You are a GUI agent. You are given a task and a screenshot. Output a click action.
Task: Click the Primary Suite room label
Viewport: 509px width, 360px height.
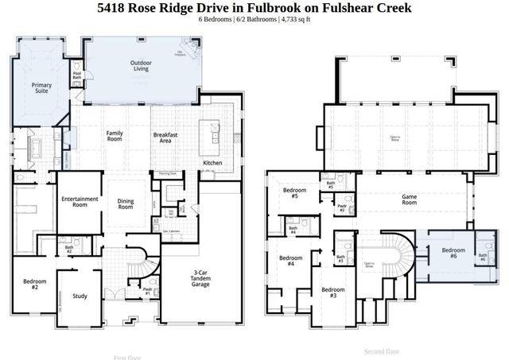[41, 88]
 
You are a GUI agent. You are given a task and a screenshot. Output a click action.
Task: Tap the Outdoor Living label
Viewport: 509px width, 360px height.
[141, 66]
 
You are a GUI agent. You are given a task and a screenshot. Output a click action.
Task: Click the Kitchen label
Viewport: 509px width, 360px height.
[212, 163]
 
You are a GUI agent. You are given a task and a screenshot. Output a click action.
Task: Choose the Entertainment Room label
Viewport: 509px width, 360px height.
[79, 202]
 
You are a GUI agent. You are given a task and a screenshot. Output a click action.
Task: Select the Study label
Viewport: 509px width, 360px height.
[80, 296]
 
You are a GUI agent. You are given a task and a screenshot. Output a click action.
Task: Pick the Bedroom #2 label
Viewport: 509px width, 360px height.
[35, 285]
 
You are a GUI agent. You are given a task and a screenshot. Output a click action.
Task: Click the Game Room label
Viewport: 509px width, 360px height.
[410, 199]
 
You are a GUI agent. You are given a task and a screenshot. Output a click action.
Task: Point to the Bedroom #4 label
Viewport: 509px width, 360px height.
[290, 261]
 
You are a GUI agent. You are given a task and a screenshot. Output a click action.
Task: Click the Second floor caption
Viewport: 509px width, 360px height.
[382, 350]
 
